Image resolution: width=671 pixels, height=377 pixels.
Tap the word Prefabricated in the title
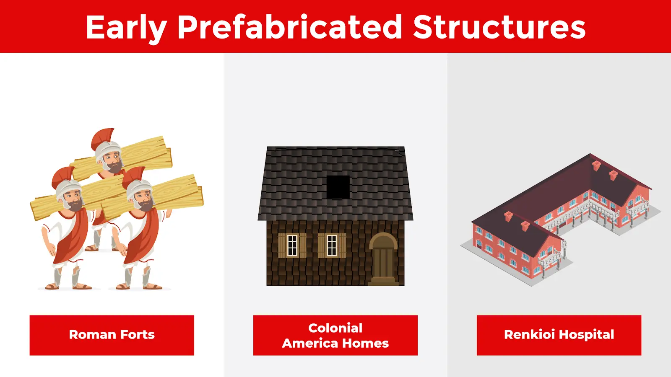pos(290,27)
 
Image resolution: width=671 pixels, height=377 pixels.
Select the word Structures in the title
pos(499,27)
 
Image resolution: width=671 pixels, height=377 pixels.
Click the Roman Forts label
pos(112,335)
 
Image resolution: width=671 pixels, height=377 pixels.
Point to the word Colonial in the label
pos(335,328)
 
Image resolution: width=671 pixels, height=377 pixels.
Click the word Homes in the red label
pos(365,343)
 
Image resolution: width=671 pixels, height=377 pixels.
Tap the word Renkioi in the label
pos(529,335)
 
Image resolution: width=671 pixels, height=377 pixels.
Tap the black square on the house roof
pos(338,187)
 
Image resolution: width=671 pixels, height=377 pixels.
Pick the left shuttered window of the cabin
pos(292,245)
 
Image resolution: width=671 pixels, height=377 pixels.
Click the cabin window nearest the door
pos(332,245)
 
